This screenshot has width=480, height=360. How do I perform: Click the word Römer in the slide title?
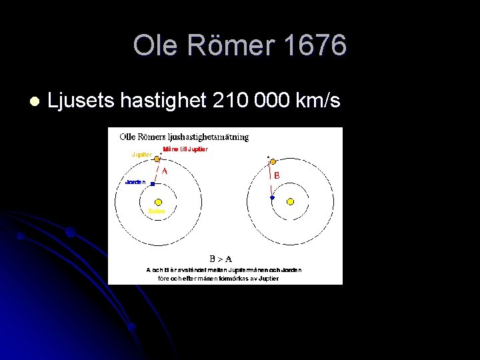(x=228, y=46)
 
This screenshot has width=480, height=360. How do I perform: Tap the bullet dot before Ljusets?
(x=33, y=101)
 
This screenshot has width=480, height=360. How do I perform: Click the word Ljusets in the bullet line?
(x=81, y=101)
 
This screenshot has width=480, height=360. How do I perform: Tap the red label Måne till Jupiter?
(x=185, y=149)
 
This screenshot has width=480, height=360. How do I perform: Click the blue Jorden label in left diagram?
(x=135, y=182)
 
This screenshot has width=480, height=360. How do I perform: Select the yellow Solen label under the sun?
(x=157, y=211)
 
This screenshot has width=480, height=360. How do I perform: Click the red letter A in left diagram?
(x=165, y=170)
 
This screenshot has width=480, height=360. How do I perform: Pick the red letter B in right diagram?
(x=277, y=176)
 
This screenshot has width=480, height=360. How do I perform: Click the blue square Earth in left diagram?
(x=153, y=183)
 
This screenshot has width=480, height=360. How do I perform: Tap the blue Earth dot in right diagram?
(x=272, y=198)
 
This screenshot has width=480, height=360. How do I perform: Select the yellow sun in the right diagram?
(x=290, y=201)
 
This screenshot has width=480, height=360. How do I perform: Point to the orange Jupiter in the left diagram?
(x=157, y=159)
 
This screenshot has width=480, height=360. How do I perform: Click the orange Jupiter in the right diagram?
(x=273, y=161)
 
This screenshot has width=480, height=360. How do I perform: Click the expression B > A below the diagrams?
(x=221, y=258)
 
